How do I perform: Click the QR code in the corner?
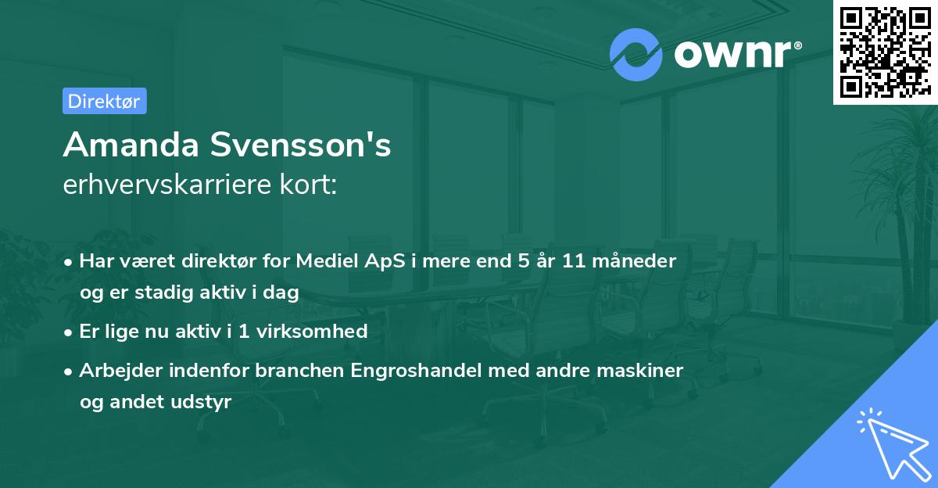click(x=885, y=52)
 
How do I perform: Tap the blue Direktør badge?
click(x=104, y=101)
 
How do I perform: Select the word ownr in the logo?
click(x=736, y=55)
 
